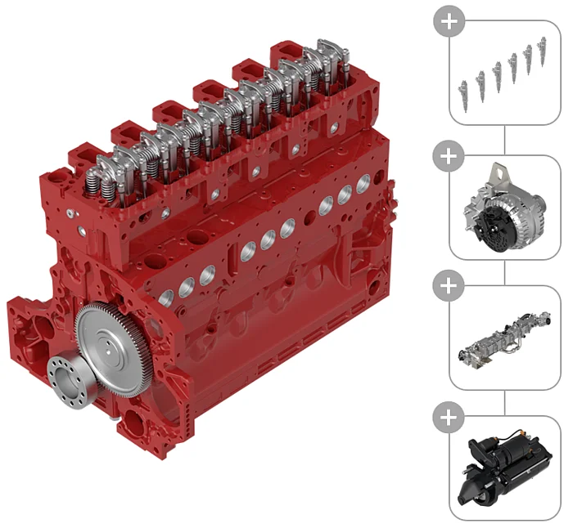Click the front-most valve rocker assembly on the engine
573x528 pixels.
[x=111, y=175]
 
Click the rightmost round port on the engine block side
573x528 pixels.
[x=345, y=194]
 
